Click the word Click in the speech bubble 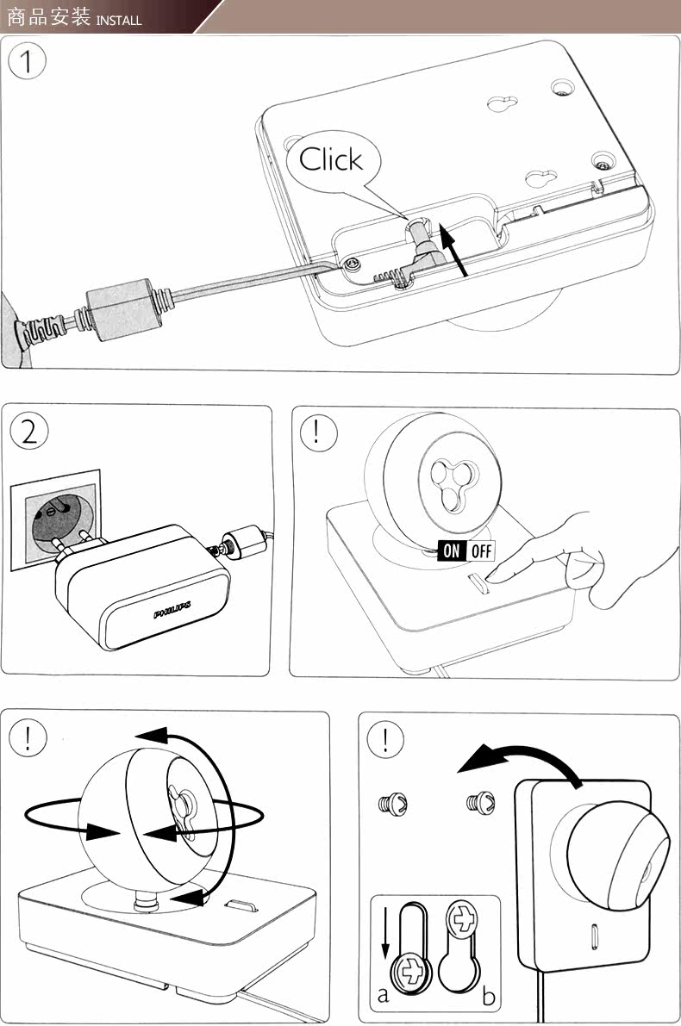(x=331, y=159)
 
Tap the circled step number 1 (x=27, y=62)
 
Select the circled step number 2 (x=29, y=432)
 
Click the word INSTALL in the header (x=119, y=21)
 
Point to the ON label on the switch (x=452, y=550)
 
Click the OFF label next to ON (x=481, y=550)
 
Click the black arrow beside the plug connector (x=453, y=249)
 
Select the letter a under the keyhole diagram (x=383, y=995)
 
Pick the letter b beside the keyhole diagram (x=489, y=996)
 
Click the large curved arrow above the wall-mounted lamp (x=522, y=760)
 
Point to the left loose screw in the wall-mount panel (x=393, y=802)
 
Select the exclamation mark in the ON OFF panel (x=317, y=432)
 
